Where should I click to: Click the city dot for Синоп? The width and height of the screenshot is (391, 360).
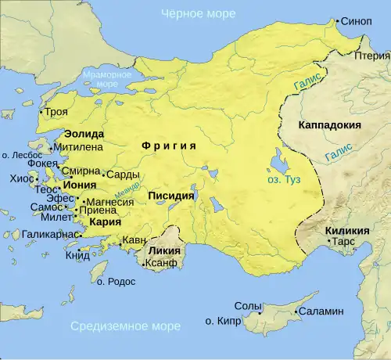click(x=339, y=22)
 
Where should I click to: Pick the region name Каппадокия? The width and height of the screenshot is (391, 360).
click(x=329, y=124)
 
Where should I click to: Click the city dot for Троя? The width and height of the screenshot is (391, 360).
click(x=44, y=113)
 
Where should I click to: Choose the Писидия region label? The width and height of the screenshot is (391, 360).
click(x=171, y=196)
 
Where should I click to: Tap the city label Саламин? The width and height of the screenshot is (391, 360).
click(x=321, y=311)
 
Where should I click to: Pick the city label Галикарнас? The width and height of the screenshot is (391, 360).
click(x=48, y=234)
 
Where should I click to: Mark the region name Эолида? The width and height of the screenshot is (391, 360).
click(x=84, y=134)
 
